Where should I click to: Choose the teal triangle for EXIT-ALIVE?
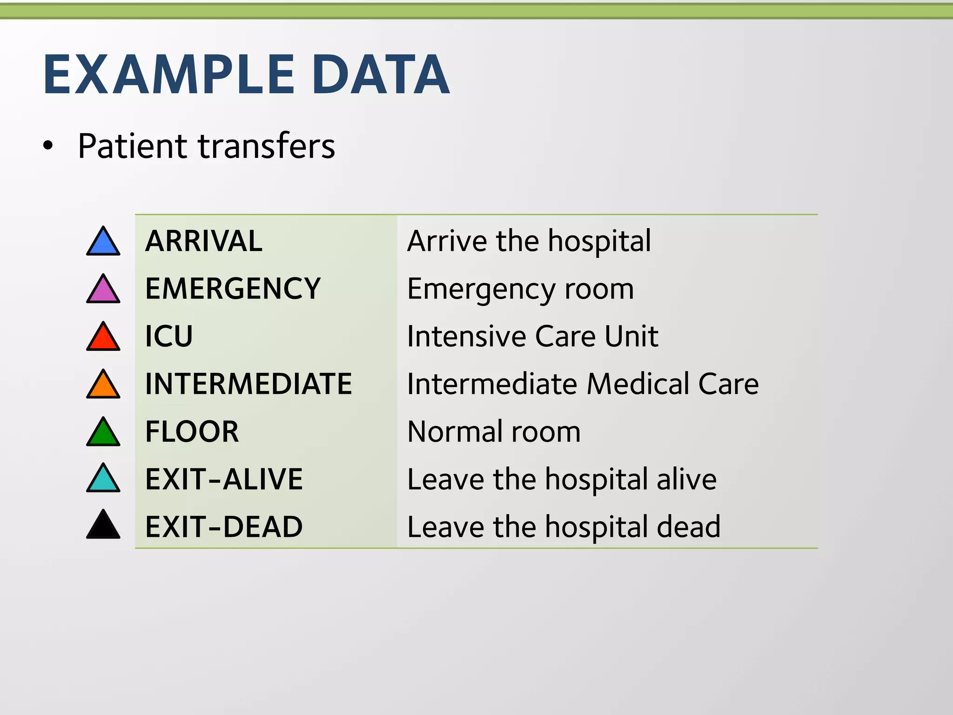click(103, 480)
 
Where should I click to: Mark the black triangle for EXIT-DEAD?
click(103, 527)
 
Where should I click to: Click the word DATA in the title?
click(381, 74)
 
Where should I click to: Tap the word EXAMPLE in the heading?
click(169, 74)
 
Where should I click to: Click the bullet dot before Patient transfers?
click(48, 146)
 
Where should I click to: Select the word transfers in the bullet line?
click(267, 146)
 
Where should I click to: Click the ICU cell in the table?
click(169, 336)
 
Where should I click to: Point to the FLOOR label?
click(192, 432)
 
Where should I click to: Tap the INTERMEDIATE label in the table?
click(248, 384)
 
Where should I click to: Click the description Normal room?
click(494, 432)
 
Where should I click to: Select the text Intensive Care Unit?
click(533, 336)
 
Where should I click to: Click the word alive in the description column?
click(686, 479)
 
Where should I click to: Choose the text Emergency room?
click(520, 289)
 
